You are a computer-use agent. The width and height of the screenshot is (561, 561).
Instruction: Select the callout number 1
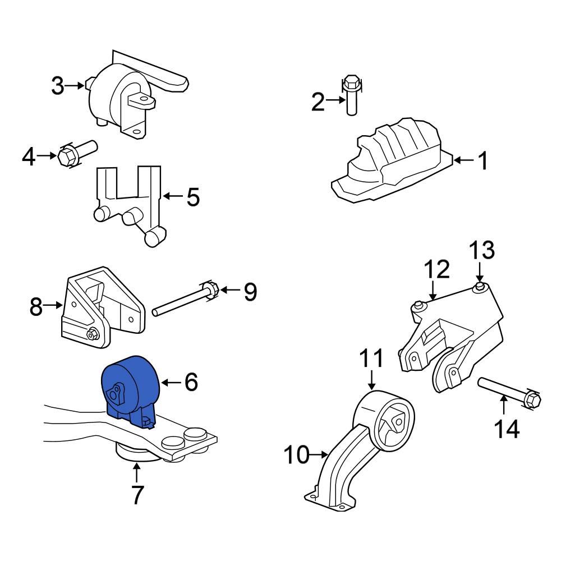pyautogui.click(x=482, y=161)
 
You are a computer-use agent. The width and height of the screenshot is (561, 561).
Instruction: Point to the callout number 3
pyautogui.click(x=58, y=86)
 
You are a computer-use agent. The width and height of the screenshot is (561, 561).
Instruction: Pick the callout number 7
pyautogui.click(x=137, y=495)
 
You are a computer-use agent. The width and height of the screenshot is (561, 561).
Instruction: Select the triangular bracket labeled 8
pyautogui.click(x=101, y=309)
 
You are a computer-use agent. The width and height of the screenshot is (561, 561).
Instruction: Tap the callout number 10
pyautogui.click(x=296, y=455)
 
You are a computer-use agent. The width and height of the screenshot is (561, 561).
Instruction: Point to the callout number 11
pyautogui.click(x=371, y=358)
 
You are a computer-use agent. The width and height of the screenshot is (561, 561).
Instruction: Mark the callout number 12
pyautogui.click(x=436, y=269)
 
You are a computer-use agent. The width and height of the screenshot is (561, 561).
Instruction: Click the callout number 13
pyautogui.click(x=481, y=250)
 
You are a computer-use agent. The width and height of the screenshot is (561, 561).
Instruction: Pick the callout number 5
pyautogui.click(x=193, y=197)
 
